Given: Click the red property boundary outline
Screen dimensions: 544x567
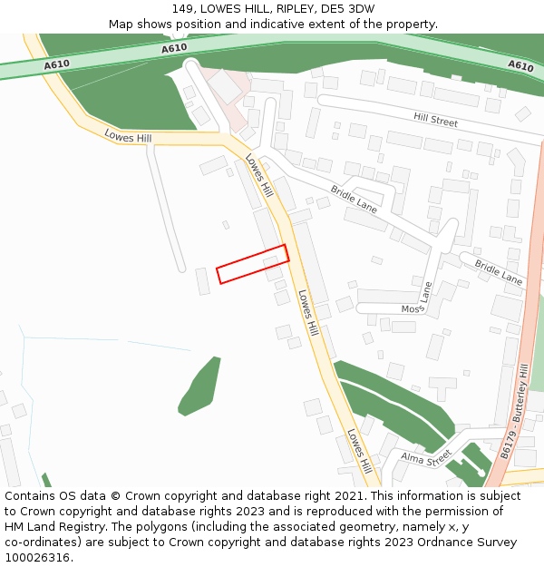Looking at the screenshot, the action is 252,264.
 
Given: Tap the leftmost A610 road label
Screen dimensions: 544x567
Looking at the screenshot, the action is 56,64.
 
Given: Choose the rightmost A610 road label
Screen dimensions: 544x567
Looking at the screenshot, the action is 520,65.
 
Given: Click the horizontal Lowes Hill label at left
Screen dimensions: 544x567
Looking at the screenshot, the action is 128,137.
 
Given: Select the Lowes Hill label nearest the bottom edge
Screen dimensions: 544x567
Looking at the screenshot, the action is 360,452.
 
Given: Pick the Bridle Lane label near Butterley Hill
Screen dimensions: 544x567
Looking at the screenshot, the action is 500,273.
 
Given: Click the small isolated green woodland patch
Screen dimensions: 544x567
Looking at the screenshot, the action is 200,386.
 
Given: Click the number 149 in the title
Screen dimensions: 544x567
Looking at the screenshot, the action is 182,9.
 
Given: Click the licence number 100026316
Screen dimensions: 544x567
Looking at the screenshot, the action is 36,557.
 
